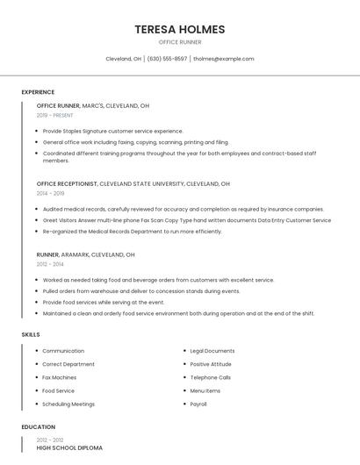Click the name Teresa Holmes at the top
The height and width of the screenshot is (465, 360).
[x=180, y=29]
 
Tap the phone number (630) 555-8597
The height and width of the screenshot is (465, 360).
[x=167, y=59]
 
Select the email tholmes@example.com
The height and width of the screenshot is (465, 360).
[x=223, y=59]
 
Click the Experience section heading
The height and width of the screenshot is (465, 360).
[x=38, y=92]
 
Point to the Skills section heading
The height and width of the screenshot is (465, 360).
[x=31, y=334]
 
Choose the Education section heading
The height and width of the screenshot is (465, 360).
[x=38, y=427]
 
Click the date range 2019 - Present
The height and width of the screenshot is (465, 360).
[x=55, y=115]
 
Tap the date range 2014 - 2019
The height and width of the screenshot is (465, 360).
[x=50, y=193]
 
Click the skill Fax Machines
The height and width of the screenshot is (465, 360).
[x=59, y=377]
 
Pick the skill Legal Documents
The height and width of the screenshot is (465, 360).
[x=212, y=351]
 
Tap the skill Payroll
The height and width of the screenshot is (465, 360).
[x=198, y=404]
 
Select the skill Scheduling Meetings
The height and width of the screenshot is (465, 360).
[x=68, y=404]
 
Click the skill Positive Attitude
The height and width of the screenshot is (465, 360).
[x=211, y=364]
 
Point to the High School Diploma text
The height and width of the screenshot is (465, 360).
[x=69, y=448]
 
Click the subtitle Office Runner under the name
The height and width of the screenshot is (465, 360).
[x=180, y=42]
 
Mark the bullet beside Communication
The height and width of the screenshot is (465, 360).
[x=36, y=351]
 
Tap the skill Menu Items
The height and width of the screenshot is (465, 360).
[x=205, y=390]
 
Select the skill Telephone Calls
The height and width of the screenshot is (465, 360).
[x=211, y=377]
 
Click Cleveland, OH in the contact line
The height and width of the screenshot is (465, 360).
[x=123, y=59]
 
